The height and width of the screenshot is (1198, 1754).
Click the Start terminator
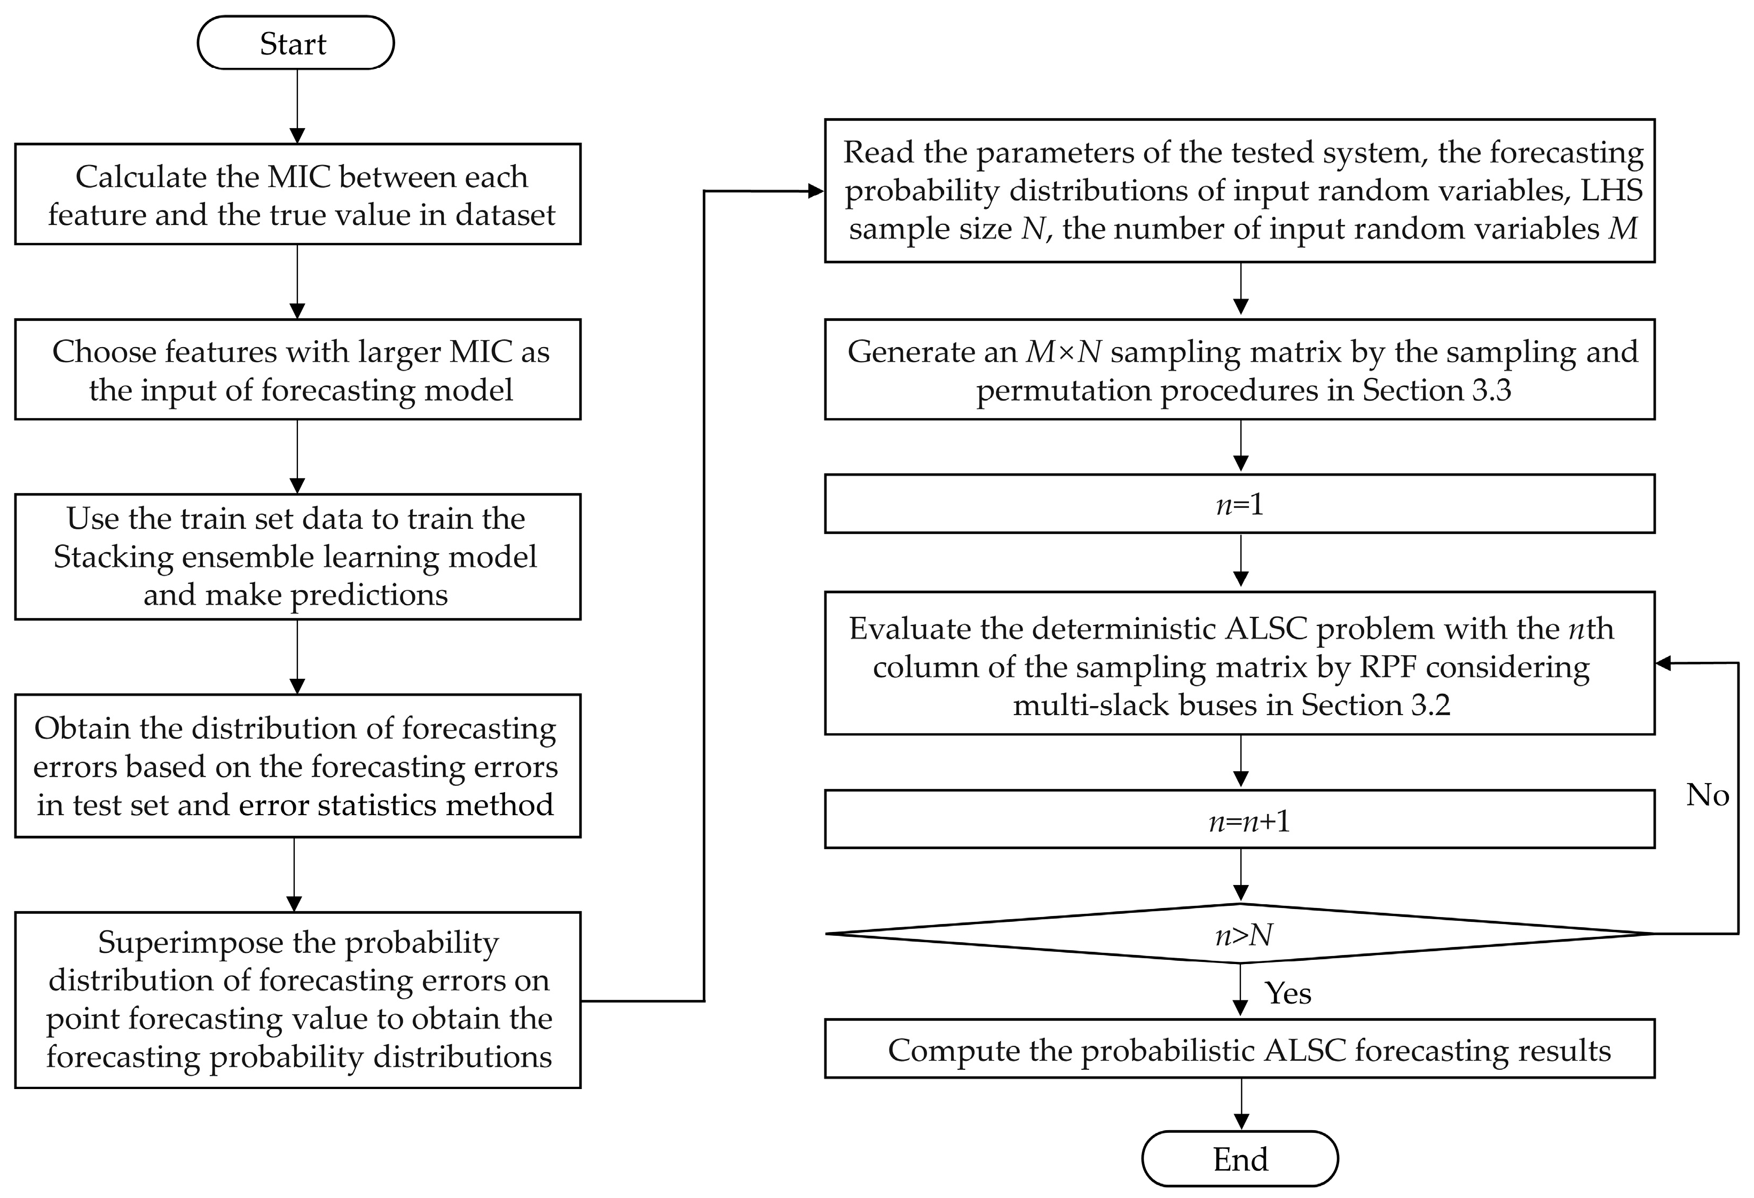(x=295, y=43)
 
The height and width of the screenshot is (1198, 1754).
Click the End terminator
(x=1239, y=1159)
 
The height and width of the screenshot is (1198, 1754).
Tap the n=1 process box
(x=1239, y=504)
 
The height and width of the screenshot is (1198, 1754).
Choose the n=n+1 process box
(x=1239, y=820)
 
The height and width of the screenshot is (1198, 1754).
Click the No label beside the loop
(x=1707, y=795)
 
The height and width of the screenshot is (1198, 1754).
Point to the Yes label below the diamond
(x=1287, y=993)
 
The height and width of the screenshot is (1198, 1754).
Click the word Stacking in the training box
(x=113, y=557)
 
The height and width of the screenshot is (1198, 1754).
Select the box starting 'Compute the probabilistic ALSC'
(x=1239, y=1050)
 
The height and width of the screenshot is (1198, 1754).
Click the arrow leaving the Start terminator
(x=297, y=106)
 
